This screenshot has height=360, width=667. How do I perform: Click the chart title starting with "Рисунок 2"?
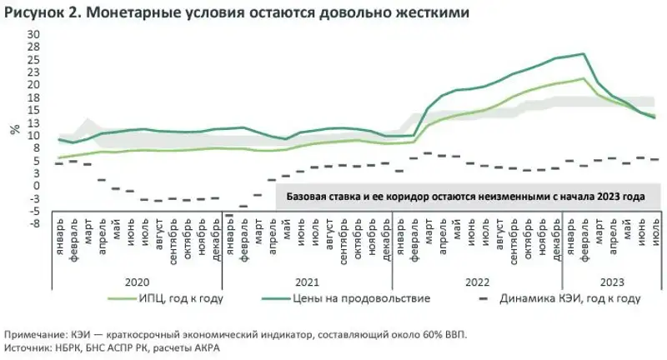(x=236, y=13)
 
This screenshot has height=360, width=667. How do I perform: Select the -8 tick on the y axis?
(x=35, y=223)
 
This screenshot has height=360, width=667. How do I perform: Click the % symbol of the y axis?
(x=14, y=128)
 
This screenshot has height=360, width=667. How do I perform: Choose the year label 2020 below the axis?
(x=137, y=282)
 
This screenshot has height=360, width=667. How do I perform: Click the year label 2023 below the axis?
(x=611, y=282)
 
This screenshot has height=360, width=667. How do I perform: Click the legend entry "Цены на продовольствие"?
(x=361, y=297)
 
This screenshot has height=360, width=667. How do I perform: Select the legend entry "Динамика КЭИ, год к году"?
(x=569, y=297)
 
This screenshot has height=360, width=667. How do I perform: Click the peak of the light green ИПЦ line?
(x=582, y=78)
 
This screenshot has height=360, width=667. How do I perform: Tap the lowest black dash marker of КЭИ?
(x=229, y=216)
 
